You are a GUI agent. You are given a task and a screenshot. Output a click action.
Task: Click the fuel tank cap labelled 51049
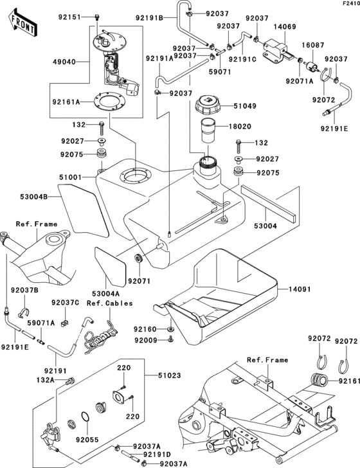coord(209,105)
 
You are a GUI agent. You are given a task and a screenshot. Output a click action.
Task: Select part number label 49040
coord(64,62)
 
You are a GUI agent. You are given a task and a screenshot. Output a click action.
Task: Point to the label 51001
coord(71,177)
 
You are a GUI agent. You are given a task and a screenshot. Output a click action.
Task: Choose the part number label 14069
coord(285,27)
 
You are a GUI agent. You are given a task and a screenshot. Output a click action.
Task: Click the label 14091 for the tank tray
coord(300,289)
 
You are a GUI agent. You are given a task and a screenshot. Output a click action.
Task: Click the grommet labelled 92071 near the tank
coord(139,258)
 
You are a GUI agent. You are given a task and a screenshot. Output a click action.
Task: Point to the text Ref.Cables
coord(109,303)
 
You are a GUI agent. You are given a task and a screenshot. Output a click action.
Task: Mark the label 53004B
coord(33,197)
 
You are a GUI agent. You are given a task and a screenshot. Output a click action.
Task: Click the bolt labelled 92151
coord(97,17)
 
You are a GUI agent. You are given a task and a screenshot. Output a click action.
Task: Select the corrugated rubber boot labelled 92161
coord(319,381)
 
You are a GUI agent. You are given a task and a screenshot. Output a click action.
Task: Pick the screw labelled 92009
coord(171,338)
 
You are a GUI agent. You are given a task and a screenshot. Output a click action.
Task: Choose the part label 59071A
coord(41,323)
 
